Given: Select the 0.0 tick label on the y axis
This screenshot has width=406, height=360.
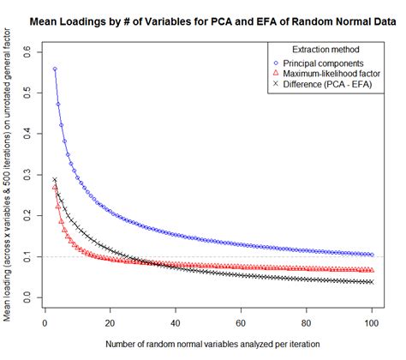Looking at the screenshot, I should click(x=26, y=297).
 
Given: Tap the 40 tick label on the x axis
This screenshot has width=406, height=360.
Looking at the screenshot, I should click(x=176, y=323).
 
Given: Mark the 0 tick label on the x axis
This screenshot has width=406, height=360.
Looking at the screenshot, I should click(x=45, y=323).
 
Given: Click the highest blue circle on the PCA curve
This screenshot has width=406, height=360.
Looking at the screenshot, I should click(x=55, y=69).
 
